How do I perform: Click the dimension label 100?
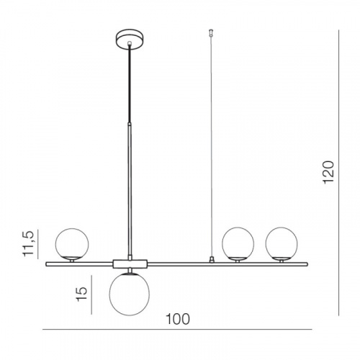coord(178,319)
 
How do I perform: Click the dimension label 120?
coord(328,173)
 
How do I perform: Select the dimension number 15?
coord(81,294)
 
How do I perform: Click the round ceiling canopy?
coord(130,40)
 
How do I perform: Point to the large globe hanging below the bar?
coord(130,294)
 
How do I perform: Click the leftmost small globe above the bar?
coord(72,244)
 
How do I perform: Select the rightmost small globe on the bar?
coord(282,243)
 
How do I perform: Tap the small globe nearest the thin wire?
coord(238,243)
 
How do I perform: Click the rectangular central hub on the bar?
coord(130,264)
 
